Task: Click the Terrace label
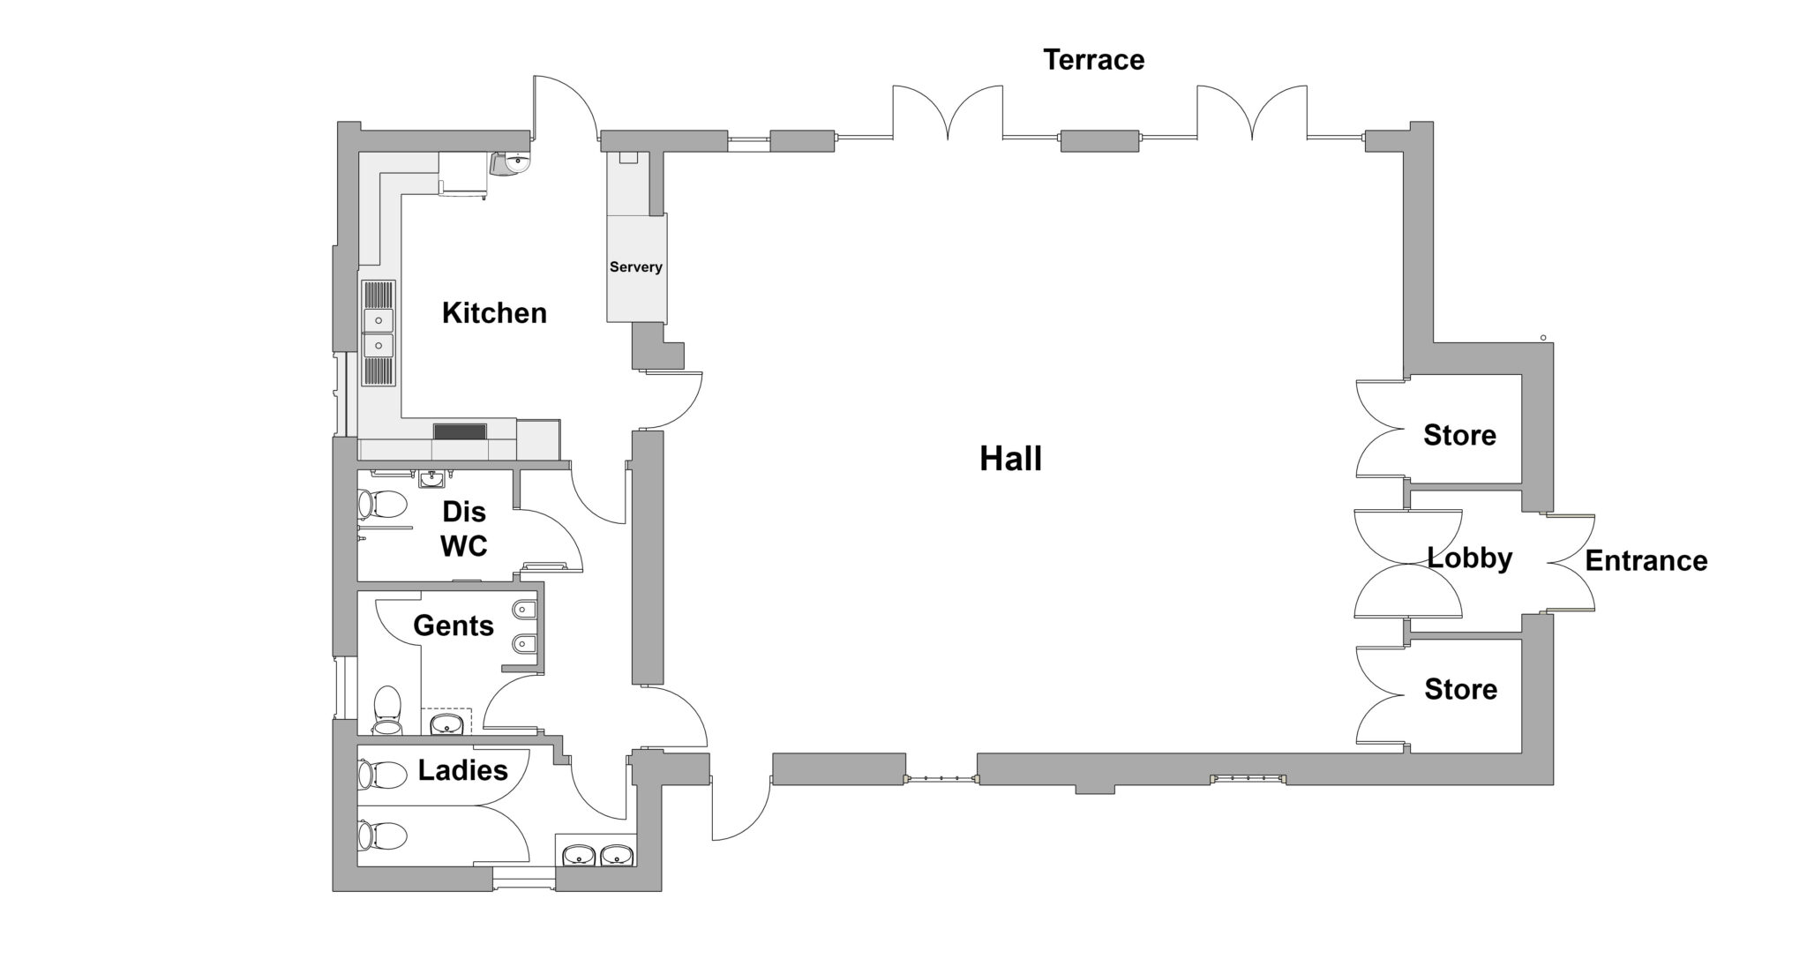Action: point(1093,60)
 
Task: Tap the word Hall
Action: point(1010,459)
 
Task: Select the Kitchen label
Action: point(494,313)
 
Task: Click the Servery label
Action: point(635,267)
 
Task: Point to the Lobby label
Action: point(1470,558)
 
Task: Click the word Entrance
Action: point(1646,561)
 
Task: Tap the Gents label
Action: point(453,626)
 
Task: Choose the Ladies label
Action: point(462,770)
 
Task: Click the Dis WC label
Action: point(463,528)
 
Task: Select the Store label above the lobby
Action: point(1459,435)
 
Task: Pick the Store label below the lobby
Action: point(1460,689)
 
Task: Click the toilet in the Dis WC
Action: point(381,505)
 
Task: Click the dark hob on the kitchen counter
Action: point(460,431)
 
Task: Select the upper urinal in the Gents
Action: point(524,610)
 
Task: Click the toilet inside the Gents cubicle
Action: point(386,710)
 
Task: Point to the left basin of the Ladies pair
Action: point(579,855)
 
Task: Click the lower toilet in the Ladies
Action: point(381,835)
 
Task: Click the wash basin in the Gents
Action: point(447,725)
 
